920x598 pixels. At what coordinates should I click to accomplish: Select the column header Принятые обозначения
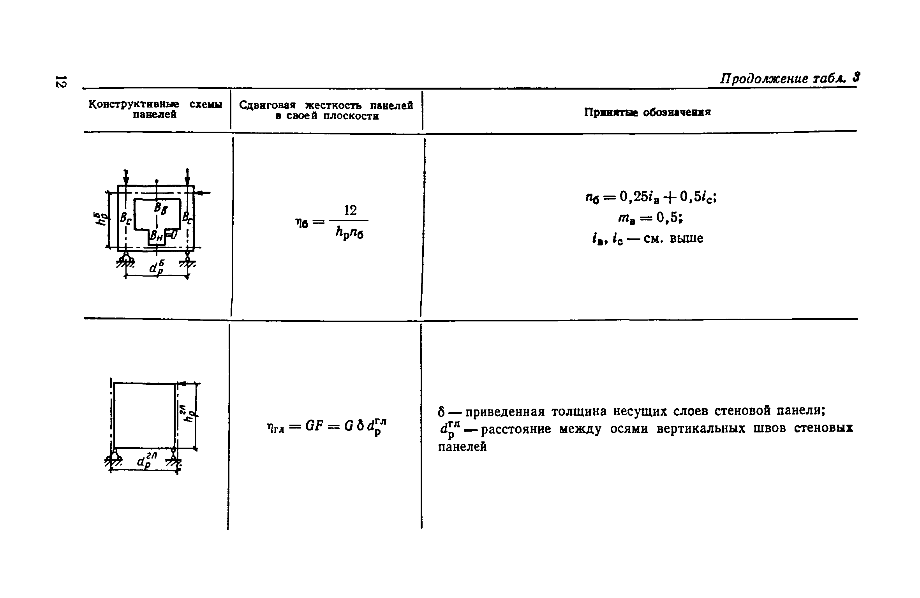pyautogui.click(x=647, y=112)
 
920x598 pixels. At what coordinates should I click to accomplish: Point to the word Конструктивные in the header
pyautogui.click(x=134, y=104)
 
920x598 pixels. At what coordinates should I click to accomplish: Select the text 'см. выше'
pyautogui.click(x=673, y=238)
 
